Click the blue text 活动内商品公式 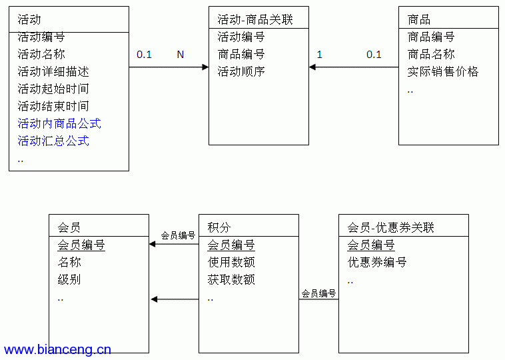click(59, 123)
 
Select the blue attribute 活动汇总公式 click(53, 141)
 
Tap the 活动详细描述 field click(53, 71)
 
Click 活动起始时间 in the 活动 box click(53, 89)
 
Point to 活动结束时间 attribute click(53, 106)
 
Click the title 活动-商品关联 click(255, 19)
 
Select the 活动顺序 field click(241, 71)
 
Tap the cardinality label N click(181, 55)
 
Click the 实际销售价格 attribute click(443, 71)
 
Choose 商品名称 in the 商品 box click(431, 54)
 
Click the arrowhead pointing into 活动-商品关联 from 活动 click(205, 67)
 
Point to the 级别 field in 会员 click(69, 279)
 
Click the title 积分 click(219, 227)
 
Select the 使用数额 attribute click(231, 262)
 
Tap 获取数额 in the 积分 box click(231, 279)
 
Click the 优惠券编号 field click(377, 262)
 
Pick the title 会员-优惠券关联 click(390, 227)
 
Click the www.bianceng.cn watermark click(57, 350)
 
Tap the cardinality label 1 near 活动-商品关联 click(320, 55)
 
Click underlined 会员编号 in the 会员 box click(81, 245)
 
